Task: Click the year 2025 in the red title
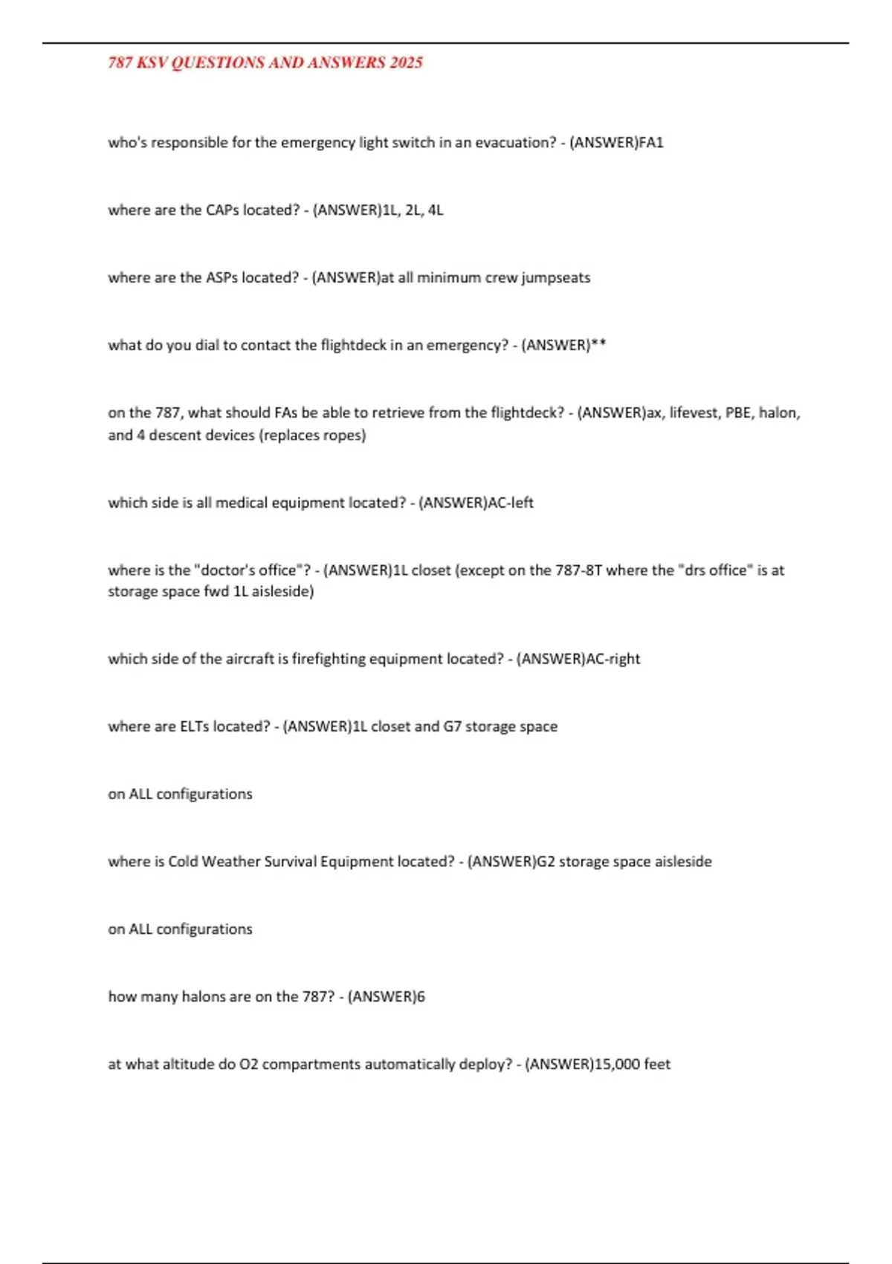pyautogui.click(x=406, y=62)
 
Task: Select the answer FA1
pyautogui.click(x=651, y=143)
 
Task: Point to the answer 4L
pyautogui.click(x=436, y=210)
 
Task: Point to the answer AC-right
pyautogui.click(x=613, y=659)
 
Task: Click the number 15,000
pyautogui.click(x=618, y=1064)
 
